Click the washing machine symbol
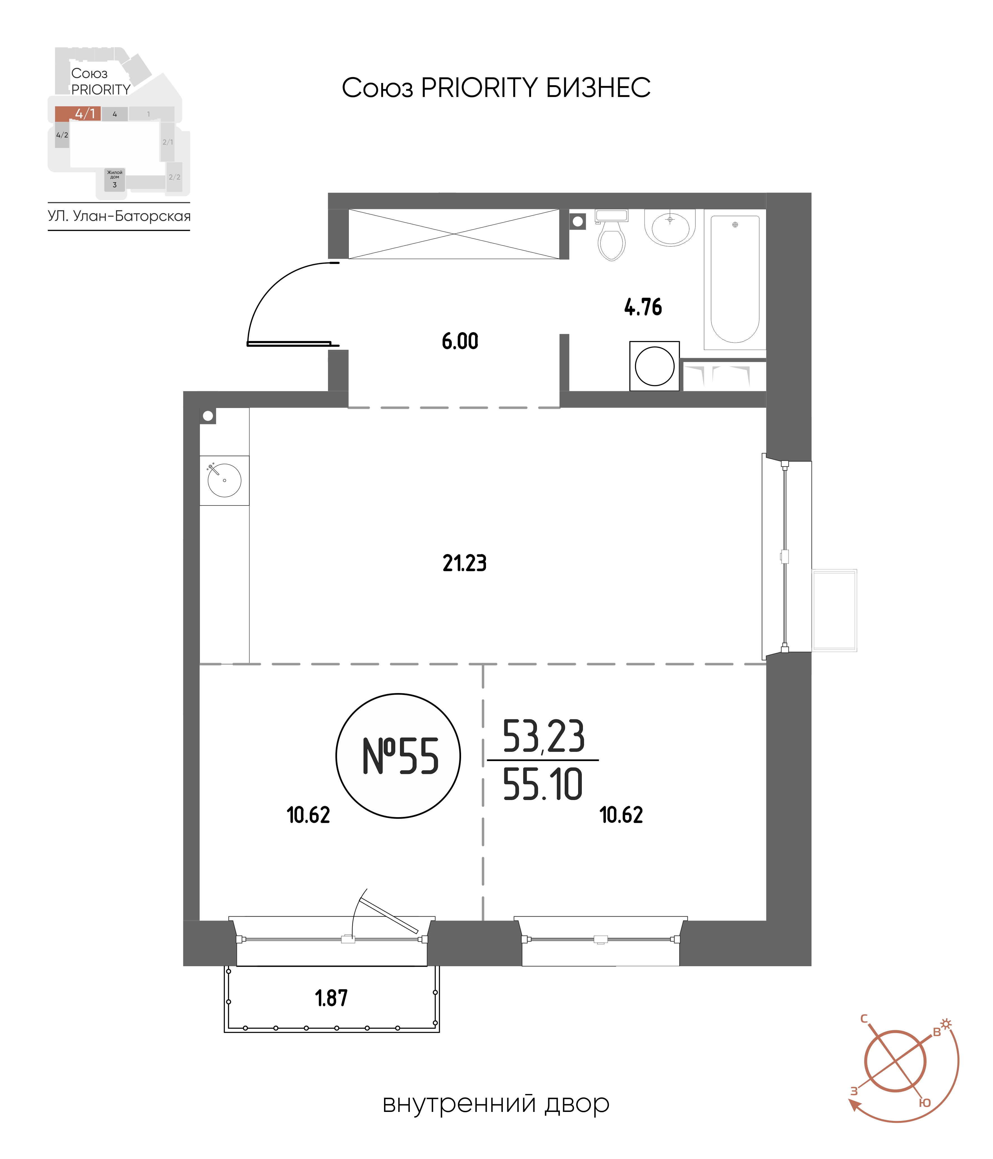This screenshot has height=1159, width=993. pos(654,366)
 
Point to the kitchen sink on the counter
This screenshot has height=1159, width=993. pos(224,480)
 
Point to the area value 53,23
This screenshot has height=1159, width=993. pos(543,736)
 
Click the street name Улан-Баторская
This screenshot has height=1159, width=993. pos(132,217)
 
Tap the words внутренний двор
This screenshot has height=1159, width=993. pos(496,1104)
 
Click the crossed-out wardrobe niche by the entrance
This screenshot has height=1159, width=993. pos(454,234)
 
